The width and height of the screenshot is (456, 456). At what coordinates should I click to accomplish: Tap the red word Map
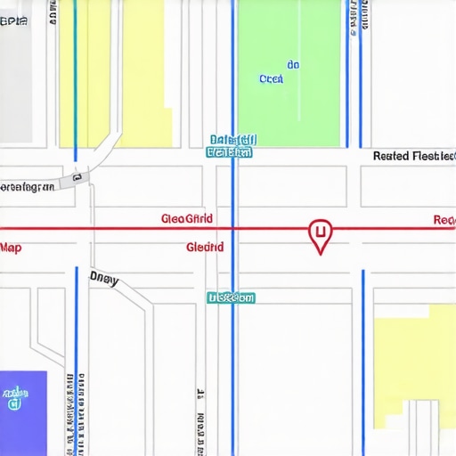coord(11,247)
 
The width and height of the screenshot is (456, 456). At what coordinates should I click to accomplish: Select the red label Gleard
coord(205,247)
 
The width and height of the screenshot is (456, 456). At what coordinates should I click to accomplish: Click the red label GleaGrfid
coord(188,218)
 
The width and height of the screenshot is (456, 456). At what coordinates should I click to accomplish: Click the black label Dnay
coord(103,278)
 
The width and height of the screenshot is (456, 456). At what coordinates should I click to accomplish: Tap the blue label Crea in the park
coord(271,79)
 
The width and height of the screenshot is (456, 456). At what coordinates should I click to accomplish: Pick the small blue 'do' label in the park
coord(293,65)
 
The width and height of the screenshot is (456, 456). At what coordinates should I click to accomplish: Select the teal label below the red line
coord(231,297)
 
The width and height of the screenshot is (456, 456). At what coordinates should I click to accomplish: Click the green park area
coord(289,107)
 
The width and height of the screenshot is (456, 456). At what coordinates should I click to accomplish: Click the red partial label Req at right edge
coord(444,220)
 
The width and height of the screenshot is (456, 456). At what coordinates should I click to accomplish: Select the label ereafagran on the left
coord(27,187)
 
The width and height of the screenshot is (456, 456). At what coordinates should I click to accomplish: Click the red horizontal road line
coord(134,229)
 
